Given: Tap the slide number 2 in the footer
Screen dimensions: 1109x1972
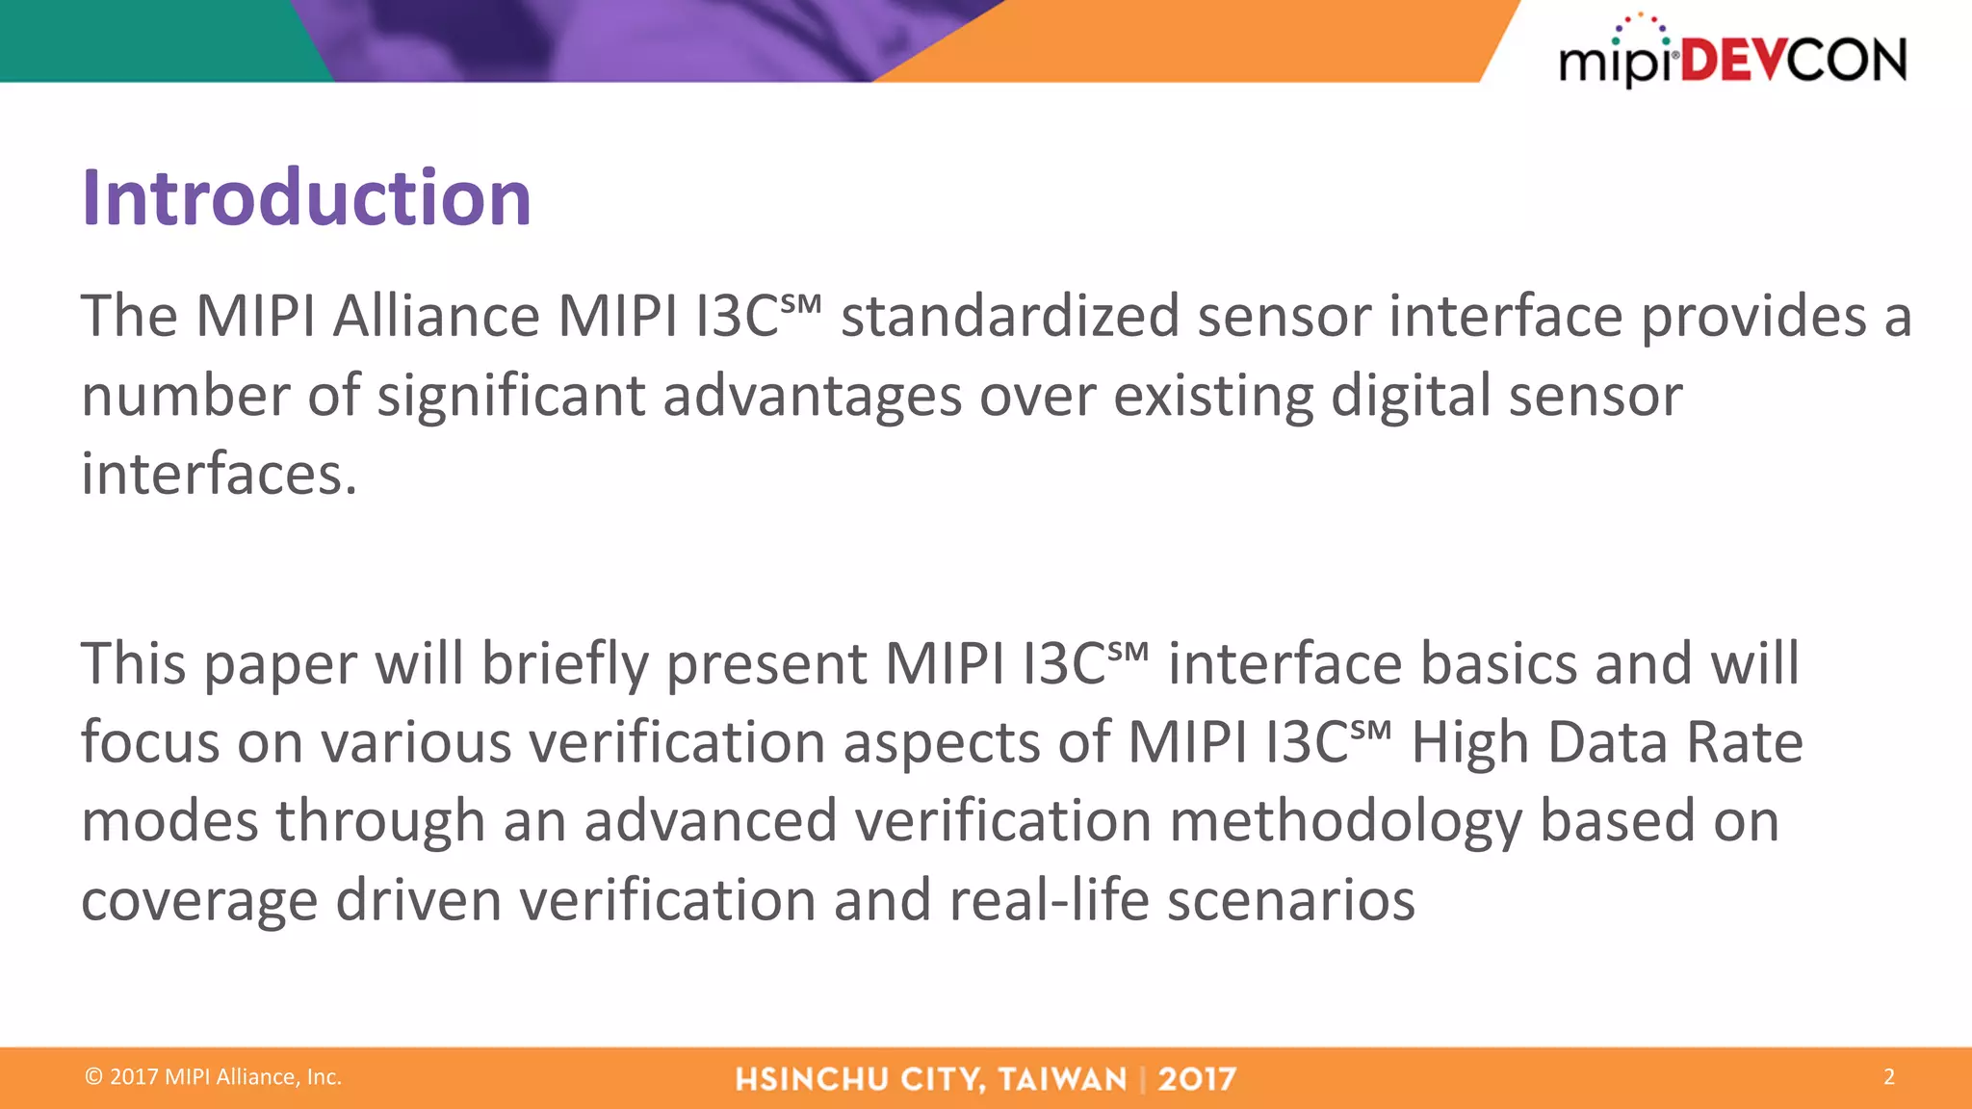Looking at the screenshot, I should coord(1888,1076).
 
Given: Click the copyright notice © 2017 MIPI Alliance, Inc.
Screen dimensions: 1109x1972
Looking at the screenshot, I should coord(214,1076).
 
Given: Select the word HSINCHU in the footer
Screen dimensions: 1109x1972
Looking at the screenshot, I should coord(811,1079).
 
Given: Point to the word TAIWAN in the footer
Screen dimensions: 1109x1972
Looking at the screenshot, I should coord(1062,1079).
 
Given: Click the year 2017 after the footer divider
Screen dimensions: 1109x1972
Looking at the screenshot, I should coord(1197,1079).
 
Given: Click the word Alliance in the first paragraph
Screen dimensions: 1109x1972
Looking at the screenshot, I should coord(436,316).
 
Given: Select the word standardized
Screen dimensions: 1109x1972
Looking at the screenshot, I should coord(1010,316).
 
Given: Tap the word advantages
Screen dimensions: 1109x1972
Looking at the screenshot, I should coord(812,396).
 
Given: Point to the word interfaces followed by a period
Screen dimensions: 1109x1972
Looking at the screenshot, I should coord(219,475).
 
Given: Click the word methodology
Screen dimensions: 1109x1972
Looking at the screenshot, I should coord(1345,822).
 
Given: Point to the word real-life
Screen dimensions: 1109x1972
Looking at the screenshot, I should coord(1049,901).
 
